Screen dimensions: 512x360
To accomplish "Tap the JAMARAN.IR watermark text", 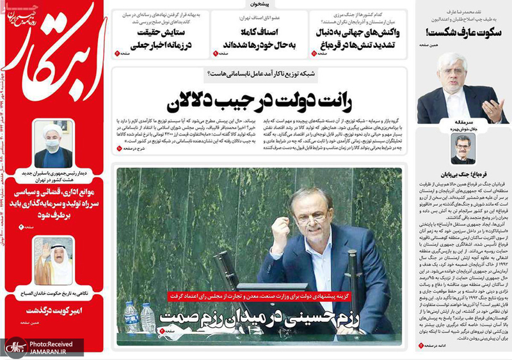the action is [x=56, y=351].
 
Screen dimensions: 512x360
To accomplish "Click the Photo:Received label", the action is [x=56, y=343].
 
